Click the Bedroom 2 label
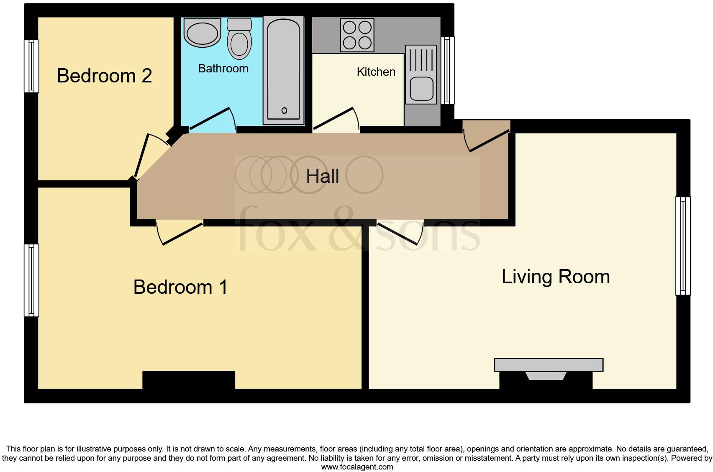(104, 76)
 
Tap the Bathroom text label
(223, 69)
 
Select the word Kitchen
(376, 72)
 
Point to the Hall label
(322, 176)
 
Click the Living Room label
(555, 277)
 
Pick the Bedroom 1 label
(180, 287)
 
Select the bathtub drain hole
(284, 110)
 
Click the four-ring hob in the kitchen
(357, 36)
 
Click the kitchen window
(447, 70)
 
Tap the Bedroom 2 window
(31, 66)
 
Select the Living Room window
(682, 246)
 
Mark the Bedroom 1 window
(31, 280)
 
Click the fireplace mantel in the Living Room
(548, 364)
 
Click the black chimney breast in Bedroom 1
(189, 380)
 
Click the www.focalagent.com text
(356, 467)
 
